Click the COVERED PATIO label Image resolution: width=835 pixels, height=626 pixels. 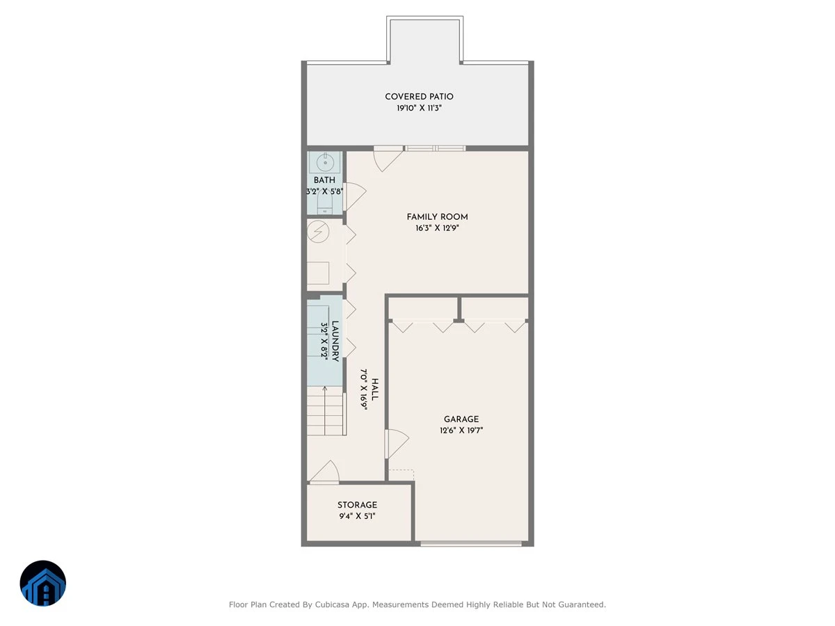pos(419,97)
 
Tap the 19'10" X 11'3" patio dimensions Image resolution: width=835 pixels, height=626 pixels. pos(419,108)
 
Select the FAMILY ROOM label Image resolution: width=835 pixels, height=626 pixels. pos(437,217)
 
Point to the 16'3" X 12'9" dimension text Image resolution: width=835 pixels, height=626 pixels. pos(437,228)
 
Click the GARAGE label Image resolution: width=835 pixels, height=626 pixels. pos(461,419)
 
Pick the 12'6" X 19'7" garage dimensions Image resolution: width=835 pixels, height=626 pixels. pos(461,431)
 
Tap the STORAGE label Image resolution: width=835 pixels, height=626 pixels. pos(357,505)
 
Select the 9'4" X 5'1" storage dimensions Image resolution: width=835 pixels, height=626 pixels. pos(357,516)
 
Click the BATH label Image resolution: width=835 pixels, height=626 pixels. pos(324,180)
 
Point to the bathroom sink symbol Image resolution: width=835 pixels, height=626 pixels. pos(325,162)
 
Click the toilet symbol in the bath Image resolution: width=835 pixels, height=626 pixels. pos(324,206)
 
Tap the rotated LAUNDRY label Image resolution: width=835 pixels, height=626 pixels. pos(335,342)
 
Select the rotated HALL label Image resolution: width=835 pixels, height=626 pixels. pos(374,390)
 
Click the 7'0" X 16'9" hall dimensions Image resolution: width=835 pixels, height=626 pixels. pos(364,390)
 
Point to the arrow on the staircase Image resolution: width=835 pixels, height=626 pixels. pos(324,410)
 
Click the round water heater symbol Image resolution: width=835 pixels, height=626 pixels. pos(318,232)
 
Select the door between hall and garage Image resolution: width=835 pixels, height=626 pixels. pos(397,444)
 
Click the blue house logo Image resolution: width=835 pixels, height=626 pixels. pos(43,583)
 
